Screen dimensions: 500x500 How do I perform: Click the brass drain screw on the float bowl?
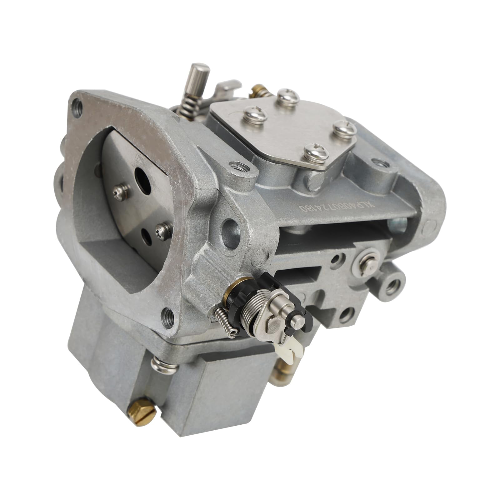142,409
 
